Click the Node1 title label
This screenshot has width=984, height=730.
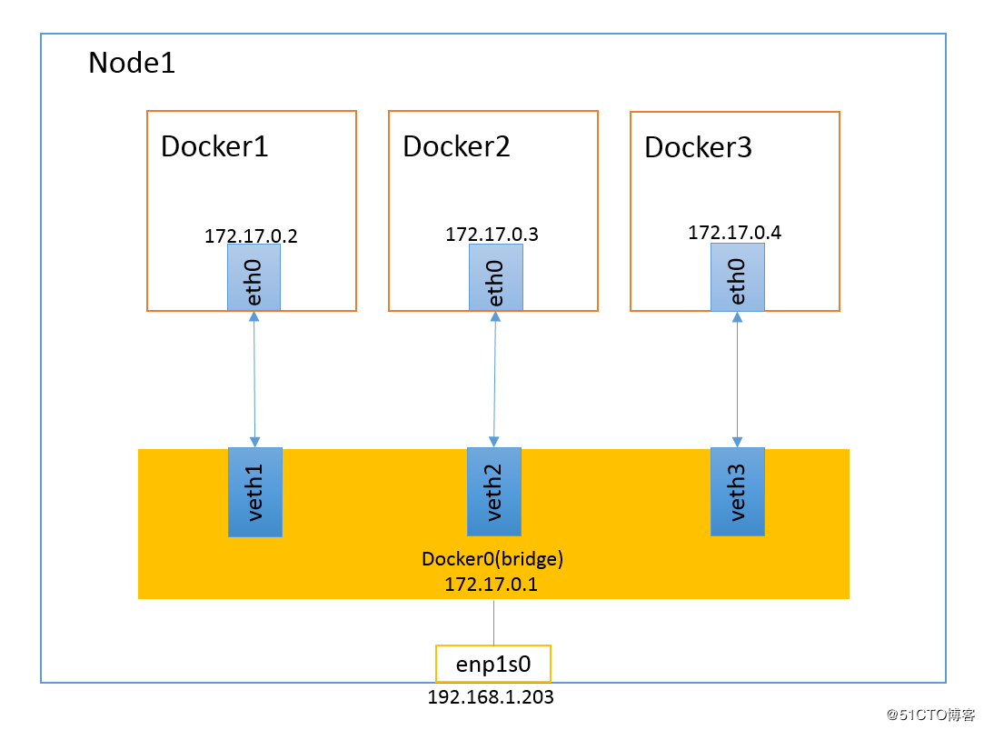tap(132, 64)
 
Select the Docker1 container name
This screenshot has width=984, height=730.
tap(214, 146)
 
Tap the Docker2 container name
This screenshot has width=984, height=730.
tap(456, 146)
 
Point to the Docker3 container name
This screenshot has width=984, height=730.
tap(698, 148)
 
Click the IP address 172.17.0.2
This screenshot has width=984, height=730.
tap(251, 235)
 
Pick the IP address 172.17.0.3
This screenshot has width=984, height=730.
tap(492, 235)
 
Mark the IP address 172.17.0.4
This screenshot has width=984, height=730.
tap(734, 233)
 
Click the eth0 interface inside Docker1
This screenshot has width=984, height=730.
tap(253, 277)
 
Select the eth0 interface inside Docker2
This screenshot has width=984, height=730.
tap(495, 277)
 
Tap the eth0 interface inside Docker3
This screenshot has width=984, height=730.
tap(737, 277)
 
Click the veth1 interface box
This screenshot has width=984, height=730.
tap(255, 492)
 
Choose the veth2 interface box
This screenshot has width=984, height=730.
tap(494, 491)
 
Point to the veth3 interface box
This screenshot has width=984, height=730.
tap(737, 491)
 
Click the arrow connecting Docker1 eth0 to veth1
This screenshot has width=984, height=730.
tap(254, 379)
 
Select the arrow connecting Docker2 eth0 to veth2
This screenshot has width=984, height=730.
tap(495, 379)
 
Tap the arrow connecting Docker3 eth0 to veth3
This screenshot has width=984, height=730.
tap(737, 379)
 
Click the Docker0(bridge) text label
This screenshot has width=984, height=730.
tap(492, 559)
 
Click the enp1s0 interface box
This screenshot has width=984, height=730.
tap(493, 665)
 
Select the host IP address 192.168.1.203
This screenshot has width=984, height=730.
tap(491, 698)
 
